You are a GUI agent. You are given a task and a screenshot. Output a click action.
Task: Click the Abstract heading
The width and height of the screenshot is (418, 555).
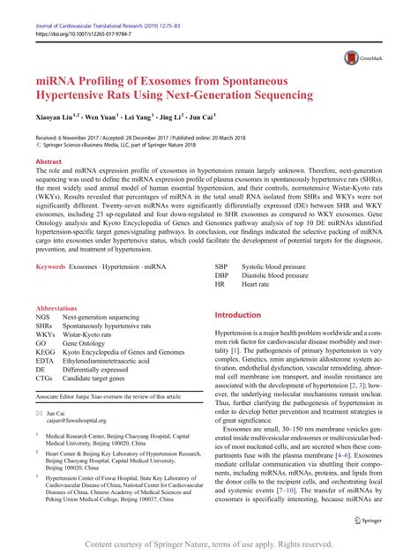[x=49, y=163]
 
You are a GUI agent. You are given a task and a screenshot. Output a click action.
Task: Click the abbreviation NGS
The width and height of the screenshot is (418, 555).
[x=42, y=316]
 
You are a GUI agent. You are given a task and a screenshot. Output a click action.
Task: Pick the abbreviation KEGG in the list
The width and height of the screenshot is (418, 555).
[x=45, y=351]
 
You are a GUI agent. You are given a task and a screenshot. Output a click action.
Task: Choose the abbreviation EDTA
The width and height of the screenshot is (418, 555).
[x=44, y=363]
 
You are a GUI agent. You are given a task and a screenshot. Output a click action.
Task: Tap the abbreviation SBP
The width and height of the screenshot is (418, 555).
[x=222, y=266]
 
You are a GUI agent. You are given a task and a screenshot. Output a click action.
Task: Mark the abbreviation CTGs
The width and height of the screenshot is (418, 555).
[x=44, y=386]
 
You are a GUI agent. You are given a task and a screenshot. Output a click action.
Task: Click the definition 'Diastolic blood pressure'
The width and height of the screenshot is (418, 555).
[x=274, y=275]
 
